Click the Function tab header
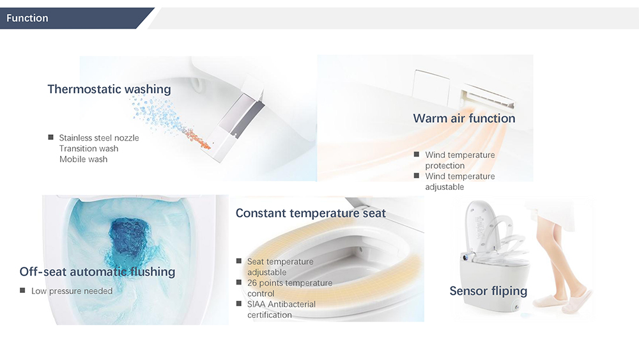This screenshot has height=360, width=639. [27, 18]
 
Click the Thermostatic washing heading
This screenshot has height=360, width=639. [109, 90]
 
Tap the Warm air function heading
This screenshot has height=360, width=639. [464, 118]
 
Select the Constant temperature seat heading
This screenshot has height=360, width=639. [311, 213]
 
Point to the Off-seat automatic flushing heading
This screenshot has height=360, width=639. [97, 272]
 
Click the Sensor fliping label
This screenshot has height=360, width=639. [488, 291]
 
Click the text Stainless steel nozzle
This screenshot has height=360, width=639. [99, 138]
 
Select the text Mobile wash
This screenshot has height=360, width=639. [84, 159]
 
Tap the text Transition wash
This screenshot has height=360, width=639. [89, 148]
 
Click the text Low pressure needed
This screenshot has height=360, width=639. [72, 291]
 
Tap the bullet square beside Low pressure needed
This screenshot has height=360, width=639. [22, 290]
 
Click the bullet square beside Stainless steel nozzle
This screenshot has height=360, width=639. [50, 137]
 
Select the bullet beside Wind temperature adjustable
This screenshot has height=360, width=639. [417, 176]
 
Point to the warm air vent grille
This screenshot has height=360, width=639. [488, 97]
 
